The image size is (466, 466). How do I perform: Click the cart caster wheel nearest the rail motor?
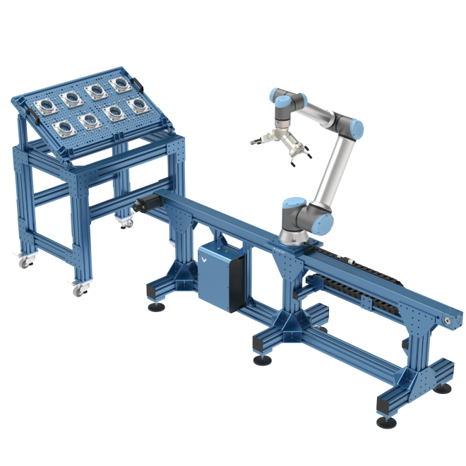(x=126, y=225)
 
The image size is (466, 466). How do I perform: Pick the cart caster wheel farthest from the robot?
(x=23, y=262)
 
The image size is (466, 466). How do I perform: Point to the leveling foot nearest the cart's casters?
(x=153, y=304)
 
